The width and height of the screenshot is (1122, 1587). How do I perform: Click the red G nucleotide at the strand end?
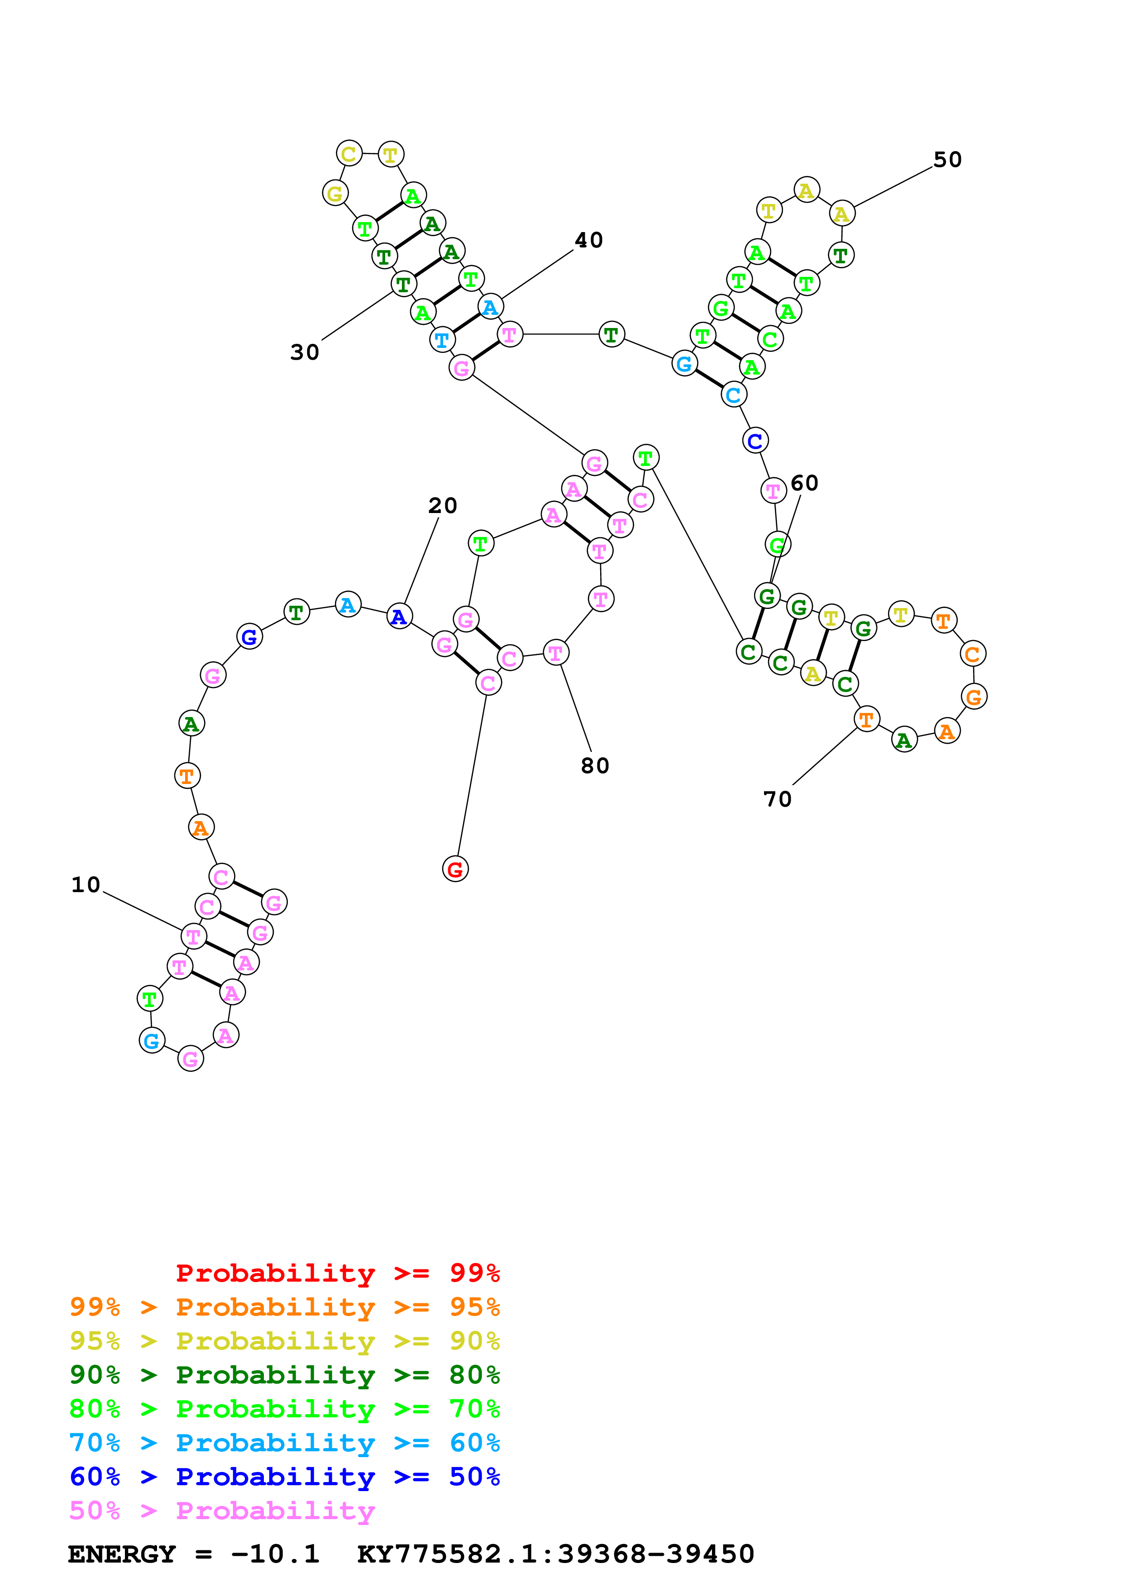point(455,869)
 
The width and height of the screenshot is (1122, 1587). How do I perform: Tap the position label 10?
point(86,885)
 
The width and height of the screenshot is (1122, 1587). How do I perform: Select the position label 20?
point(443,505)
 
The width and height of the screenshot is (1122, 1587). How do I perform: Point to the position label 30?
point(304,352)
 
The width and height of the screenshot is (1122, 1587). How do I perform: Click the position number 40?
point(589,240)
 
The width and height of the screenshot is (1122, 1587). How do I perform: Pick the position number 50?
point(947,160)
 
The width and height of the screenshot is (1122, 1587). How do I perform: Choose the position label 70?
point(777,799)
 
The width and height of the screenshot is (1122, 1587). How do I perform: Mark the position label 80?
point(595,765)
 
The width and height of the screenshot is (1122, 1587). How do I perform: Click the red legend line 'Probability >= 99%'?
point(337,1273)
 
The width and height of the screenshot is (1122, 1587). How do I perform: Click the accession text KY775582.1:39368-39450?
point(555,1554)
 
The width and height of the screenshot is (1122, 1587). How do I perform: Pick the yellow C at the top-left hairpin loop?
point(349,153)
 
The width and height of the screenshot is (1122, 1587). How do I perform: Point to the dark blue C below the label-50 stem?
point(755,440)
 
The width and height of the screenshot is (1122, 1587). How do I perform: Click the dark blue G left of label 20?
point(249,636)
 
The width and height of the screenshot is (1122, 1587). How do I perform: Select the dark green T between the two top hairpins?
point(611,334)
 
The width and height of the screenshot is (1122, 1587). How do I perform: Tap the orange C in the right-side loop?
point(972,653)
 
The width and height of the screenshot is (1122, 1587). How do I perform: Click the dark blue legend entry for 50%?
point(284,1477)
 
